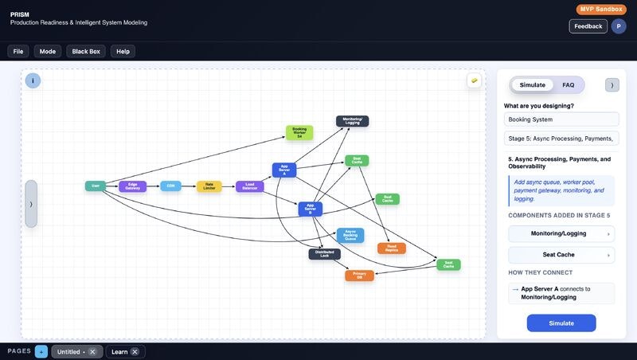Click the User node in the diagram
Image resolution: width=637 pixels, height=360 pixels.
coord(95,186)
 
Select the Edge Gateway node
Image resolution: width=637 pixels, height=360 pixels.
coord(133,186)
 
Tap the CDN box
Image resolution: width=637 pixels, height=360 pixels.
coord(170,186)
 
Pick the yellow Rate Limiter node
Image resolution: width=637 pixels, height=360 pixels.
coord(209,186)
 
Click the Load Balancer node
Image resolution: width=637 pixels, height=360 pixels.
coord(249,186)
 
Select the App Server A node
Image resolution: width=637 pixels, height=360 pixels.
coord(284,170)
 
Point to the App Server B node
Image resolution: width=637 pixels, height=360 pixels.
coord(310,209)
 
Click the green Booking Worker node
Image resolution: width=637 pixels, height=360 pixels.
coord(299,132)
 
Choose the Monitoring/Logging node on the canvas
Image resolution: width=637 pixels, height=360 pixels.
coord(352,121)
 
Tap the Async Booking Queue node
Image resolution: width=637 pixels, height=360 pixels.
coord(350,235)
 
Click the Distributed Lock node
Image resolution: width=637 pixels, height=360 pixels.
coord(324,254)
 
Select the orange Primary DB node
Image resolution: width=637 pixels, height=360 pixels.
coord(359,276)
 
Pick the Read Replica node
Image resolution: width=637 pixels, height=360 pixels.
coord(392,248)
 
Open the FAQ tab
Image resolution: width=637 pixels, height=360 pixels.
coord(568,84)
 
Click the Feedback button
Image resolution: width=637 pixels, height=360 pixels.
coord(588,26)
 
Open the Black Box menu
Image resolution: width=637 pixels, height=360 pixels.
coord(86,51)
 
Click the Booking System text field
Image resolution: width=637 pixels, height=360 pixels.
coord(561,119)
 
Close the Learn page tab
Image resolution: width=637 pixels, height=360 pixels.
coord(135,352)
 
